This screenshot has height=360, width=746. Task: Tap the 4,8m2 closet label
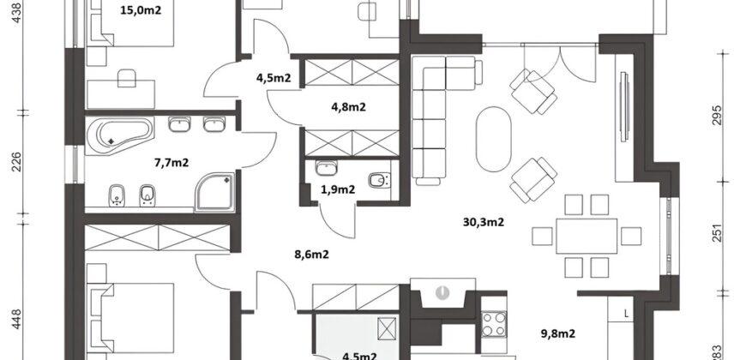(x=348, y=107)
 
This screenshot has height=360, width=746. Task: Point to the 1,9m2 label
(x=340, y=189)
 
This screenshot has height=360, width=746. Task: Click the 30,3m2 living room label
(x=482, y=222)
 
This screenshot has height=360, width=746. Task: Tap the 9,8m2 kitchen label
(x=557, y=333)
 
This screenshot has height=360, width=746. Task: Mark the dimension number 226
(x=16, y=162)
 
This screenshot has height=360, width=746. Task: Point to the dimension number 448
(x=16, y=321)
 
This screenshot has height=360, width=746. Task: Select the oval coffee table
(x=492, y=139)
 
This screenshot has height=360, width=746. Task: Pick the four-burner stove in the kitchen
(x=495, y=325)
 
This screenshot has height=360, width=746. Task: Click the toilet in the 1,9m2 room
(x=378, y=180)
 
